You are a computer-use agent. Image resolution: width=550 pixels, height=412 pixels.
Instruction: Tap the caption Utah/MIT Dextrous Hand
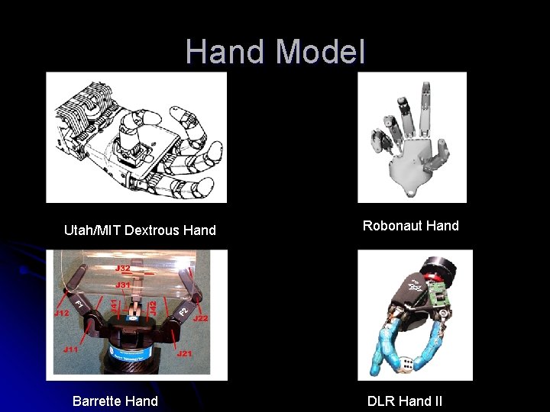click(140, 230)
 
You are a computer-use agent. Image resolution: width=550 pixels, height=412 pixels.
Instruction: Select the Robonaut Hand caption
click(411, 225)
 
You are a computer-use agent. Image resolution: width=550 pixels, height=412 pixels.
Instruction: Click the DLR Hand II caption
click(405, 401)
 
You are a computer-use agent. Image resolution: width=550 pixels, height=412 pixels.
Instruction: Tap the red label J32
click(123, 268)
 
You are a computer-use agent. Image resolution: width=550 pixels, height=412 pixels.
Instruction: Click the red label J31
click(123, 285)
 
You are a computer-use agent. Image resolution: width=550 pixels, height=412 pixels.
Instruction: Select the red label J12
click(62, 313)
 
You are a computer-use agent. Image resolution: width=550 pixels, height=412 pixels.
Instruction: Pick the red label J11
click(70, 349)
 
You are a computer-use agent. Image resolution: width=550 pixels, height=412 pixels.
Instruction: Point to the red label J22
click(202, 317)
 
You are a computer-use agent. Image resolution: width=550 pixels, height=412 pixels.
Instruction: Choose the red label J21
click(184, 353)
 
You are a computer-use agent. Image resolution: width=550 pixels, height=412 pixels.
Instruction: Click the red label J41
click(115, 304)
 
